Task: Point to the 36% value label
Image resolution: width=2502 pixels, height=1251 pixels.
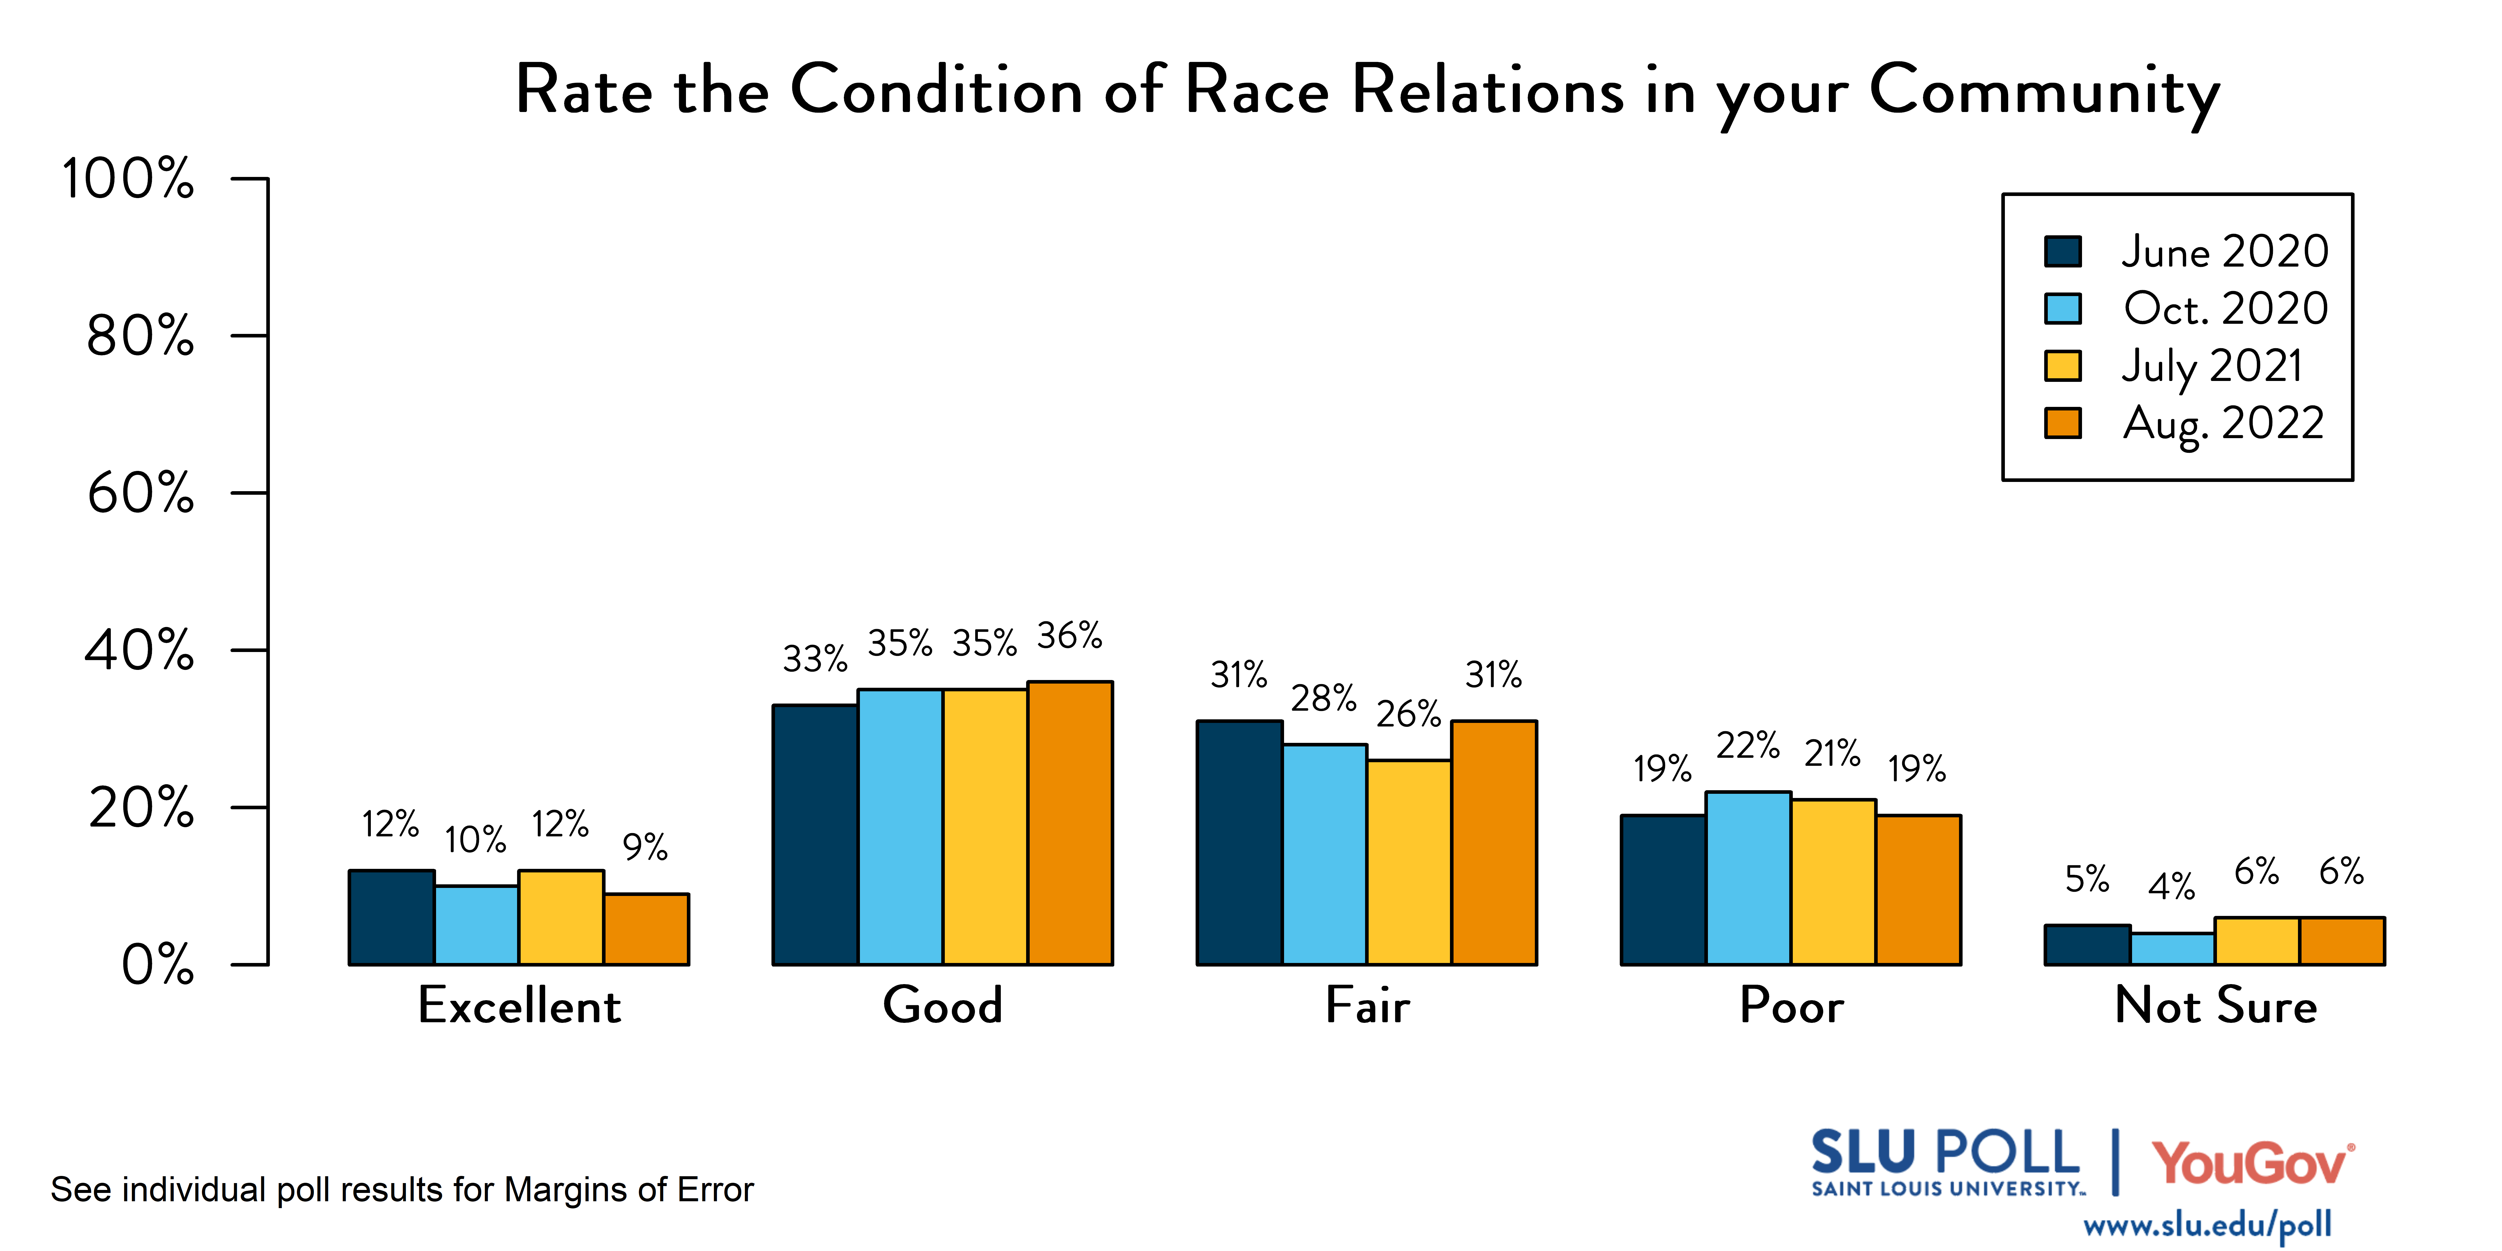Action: [x=1069, y=636]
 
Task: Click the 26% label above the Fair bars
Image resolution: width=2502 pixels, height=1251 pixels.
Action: [x=1408, y=714]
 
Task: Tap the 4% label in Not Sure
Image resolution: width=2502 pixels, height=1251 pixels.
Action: [x=2172, y=886]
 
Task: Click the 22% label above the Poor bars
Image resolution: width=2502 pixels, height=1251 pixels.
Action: [x=1747, y=746]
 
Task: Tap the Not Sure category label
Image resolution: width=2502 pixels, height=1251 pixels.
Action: [x=2215, y=1005]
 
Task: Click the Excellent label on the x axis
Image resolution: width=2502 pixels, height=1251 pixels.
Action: [x=519, y=1005]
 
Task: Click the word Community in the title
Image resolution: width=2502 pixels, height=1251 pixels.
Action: [x=2044, y=92]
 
